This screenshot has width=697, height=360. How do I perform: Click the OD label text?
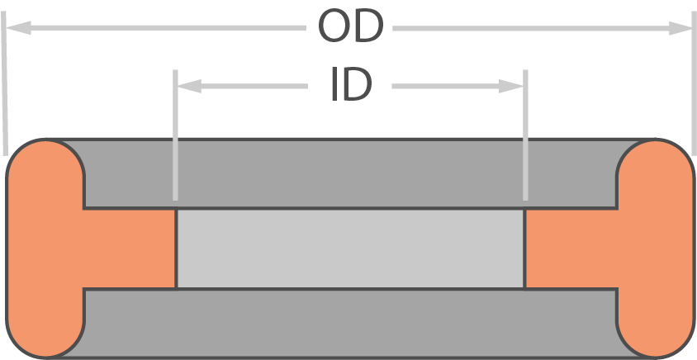[351, 26]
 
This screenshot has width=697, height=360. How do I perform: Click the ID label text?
[351, 84]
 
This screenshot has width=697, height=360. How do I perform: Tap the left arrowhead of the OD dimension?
[18, 27]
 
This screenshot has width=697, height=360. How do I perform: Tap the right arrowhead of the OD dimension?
[681, 28]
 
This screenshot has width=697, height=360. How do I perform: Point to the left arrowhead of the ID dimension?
[189, 86]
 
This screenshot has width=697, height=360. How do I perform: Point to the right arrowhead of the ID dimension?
[511, 86]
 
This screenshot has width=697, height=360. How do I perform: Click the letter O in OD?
[334, 26]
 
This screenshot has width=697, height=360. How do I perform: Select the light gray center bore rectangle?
[350, 249]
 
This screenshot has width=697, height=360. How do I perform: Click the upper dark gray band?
[350, 173]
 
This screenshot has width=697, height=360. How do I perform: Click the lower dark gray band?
[350, 324]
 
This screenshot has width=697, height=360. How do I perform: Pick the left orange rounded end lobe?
[45, 249]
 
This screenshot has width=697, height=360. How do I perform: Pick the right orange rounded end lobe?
[655, 249]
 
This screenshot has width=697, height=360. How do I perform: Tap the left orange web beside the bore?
[130, 249]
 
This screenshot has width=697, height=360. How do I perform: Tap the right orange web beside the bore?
[571, 249]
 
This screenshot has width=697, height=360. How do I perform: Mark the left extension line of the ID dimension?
[175, 135]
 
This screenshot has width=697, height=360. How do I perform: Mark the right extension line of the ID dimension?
[525, 135]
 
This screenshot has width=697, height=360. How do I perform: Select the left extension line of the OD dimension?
[4, 83]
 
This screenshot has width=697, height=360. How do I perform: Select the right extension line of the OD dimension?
[694, 83]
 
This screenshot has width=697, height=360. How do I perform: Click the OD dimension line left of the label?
[155, 27]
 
